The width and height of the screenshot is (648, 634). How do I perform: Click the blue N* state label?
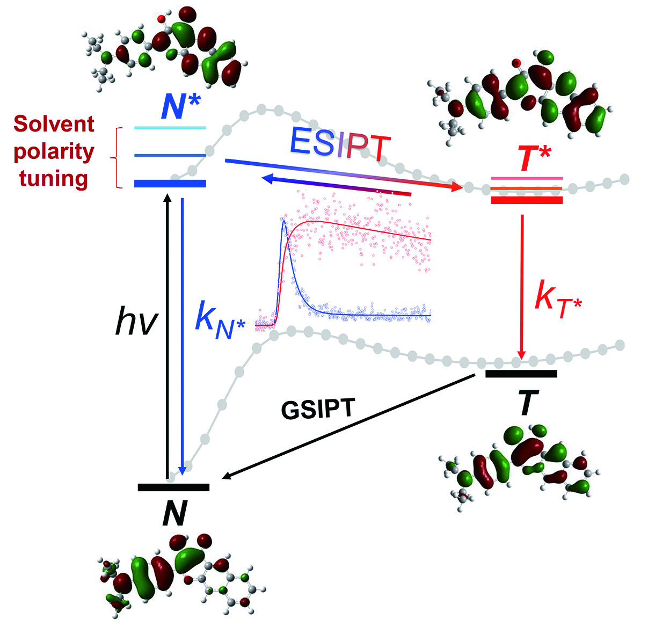pos(181,108)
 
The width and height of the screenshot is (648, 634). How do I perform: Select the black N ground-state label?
pos(174,514)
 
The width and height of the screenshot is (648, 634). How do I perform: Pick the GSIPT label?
pos(317,410)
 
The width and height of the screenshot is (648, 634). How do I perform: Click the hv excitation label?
pos(136,323)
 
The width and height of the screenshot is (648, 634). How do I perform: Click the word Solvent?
pos(54,124)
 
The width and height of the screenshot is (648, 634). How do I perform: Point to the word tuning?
pos(54,178)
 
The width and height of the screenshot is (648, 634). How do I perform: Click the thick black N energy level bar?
pos(173,487)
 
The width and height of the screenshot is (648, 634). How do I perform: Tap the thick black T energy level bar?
pos(521,374)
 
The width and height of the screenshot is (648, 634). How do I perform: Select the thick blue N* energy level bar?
pos(170,184)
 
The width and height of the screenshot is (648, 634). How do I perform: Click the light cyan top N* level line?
pos(170,128)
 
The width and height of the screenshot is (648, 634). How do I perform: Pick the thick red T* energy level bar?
pos(527,200)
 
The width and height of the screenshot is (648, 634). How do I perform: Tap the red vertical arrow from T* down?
pos(521,285)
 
